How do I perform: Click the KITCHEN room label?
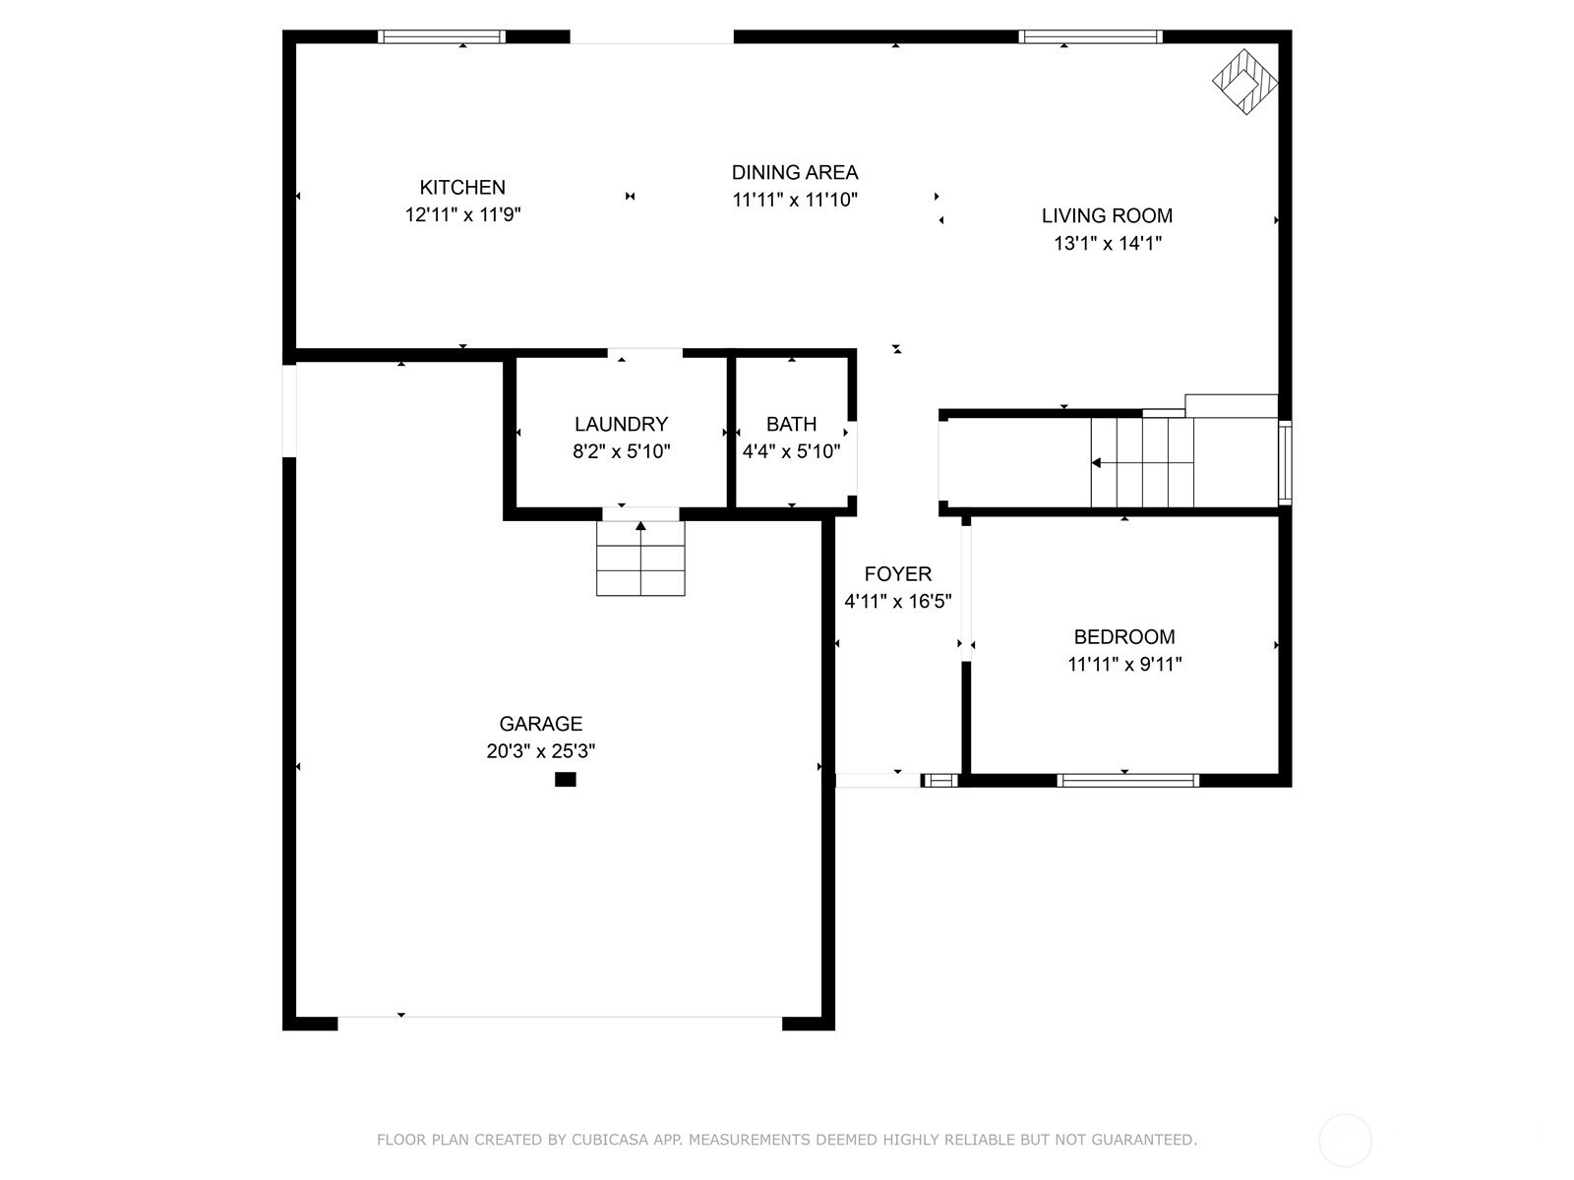pos(462,188)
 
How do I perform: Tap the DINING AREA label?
pos(795,173)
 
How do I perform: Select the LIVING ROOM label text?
pos(1107,215)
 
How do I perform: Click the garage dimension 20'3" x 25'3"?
pos(541,751)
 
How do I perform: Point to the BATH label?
pos(792,424)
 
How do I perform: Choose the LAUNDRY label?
pos(621,424)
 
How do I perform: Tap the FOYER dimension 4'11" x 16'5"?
pos(898,601)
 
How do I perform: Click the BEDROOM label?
pos(1124,637)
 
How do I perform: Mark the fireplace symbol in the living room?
pos(1244,81)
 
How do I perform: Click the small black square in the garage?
pos(565,780)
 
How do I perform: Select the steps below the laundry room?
pos(640,559)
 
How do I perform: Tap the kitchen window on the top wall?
pos(442,36)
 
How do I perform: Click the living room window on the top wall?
pos(1090,36)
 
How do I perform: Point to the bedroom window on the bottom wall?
pos(1128,780)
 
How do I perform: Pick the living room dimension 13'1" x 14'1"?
pos(1107,244)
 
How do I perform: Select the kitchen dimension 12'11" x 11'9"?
pos(462,214)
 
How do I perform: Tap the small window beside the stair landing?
pos(1286,463)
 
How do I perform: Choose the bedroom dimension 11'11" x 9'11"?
pos(1124,664)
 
